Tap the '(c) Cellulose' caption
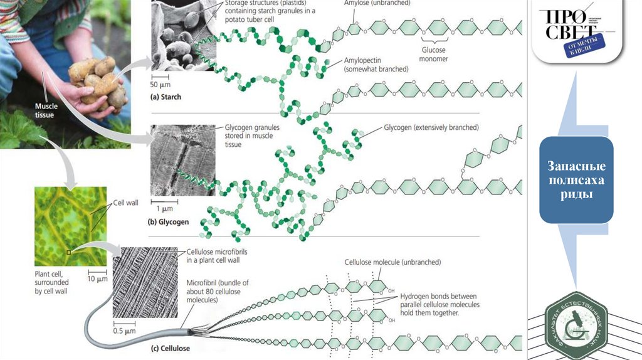pos(170,347)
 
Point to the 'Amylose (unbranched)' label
pos(377,4)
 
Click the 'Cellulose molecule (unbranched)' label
pos(392,262)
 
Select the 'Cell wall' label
pos(125,203)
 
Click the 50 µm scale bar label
pos(160,84)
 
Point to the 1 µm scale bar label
pos(164,208)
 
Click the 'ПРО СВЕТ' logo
pos(571,31)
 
